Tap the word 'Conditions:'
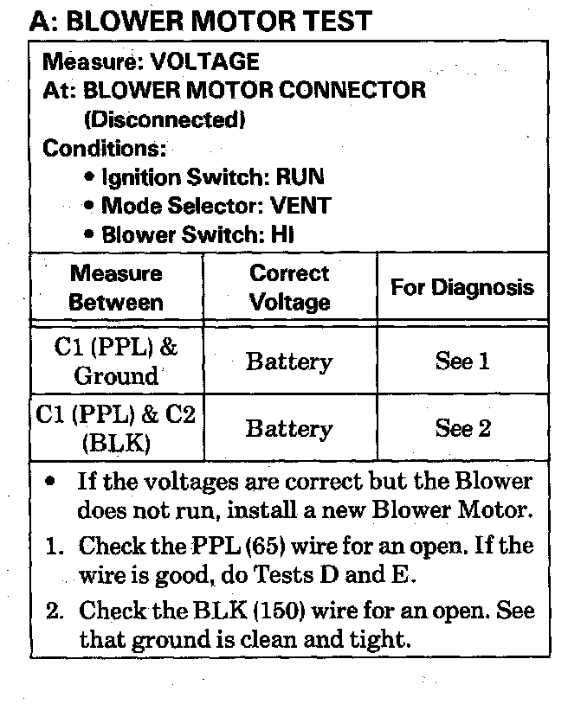tap(105, 148)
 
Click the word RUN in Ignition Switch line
tap(300, 177)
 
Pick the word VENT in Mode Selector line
tap(300, 206)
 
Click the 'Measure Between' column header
tap(116, 288)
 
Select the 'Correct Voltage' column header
tap(289, 288)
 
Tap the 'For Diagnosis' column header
tap(462, 287)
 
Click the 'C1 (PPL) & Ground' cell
tap(116, 362)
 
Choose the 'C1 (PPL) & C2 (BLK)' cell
tap(116, 428)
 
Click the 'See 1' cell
tap(462, 362)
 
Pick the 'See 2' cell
tap(462, 428)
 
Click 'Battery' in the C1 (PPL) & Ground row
tap(289, 362)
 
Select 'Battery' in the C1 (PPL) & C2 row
tap(289, 428)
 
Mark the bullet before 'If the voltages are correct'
tap(54, 481)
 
